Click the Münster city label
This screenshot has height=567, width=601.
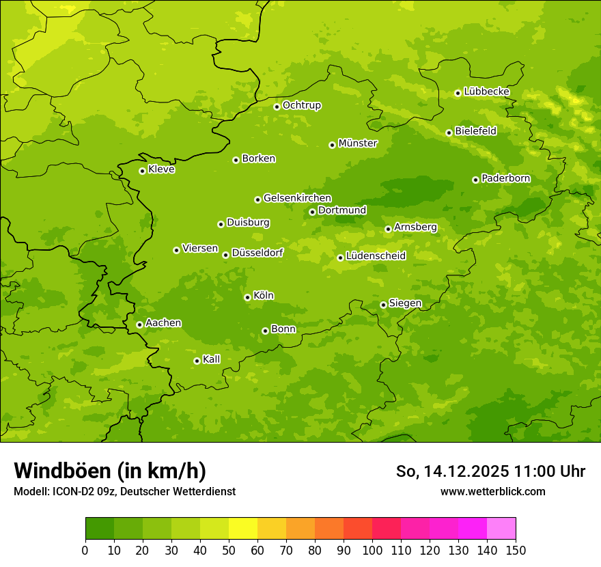(358, 143)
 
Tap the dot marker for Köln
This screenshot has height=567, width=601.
(247, 297)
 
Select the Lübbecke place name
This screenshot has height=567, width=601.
(486, 92)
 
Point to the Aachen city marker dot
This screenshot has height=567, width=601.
(139, 324)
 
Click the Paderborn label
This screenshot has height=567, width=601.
(505, 178)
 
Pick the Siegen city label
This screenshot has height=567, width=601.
(405, 303)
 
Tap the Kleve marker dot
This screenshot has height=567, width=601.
(142, 171)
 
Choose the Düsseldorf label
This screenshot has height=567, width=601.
(257, 253)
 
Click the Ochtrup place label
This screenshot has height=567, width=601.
(301, 105)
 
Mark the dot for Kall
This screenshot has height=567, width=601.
(197, 361)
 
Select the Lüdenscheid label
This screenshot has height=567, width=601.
(376, 256)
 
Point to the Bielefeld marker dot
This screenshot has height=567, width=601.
(449, 133)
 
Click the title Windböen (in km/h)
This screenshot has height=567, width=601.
(110, 471)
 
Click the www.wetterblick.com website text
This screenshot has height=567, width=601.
(492, 491)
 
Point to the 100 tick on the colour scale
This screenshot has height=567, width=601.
(372, 550)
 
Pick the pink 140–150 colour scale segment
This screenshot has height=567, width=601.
(501, 529)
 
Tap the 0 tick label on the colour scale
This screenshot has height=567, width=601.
(85, 550)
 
